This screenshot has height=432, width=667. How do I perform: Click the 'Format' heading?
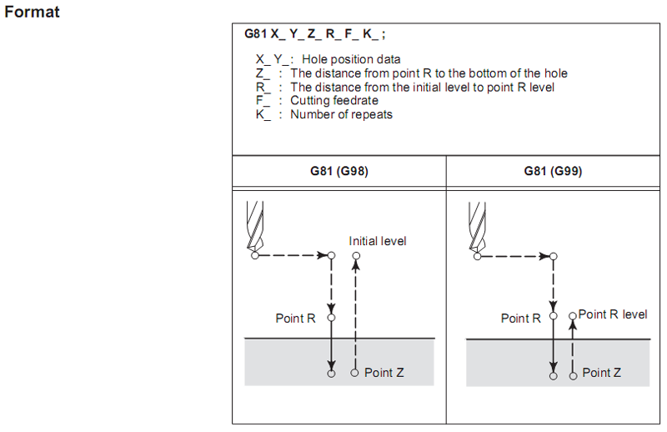33,13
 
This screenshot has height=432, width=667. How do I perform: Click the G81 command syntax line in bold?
315,35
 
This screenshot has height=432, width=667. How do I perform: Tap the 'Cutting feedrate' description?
333,100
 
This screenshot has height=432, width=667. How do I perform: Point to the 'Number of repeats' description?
341,114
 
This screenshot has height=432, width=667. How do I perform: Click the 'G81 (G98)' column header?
339,171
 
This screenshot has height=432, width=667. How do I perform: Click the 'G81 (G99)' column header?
554,171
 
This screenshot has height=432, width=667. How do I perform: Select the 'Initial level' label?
378,241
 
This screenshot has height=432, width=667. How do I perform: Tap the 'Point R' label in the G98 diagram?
295,318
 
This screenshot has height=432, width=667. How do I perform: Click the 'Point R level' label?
613,314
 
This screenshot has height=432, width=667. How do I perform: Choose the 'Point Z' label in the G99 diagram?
601,373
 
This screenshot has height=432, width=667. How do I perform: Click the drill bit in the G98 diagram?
255,224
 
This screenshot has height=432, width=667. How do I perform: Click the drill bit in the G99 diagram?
476,225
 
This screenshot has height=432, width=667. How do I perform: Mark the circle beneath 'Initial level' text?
356,256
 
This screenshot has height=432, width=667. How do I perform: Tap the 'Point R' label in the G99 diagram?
521,319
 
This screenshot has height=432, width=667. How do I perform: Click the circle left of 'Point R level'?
572,317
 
